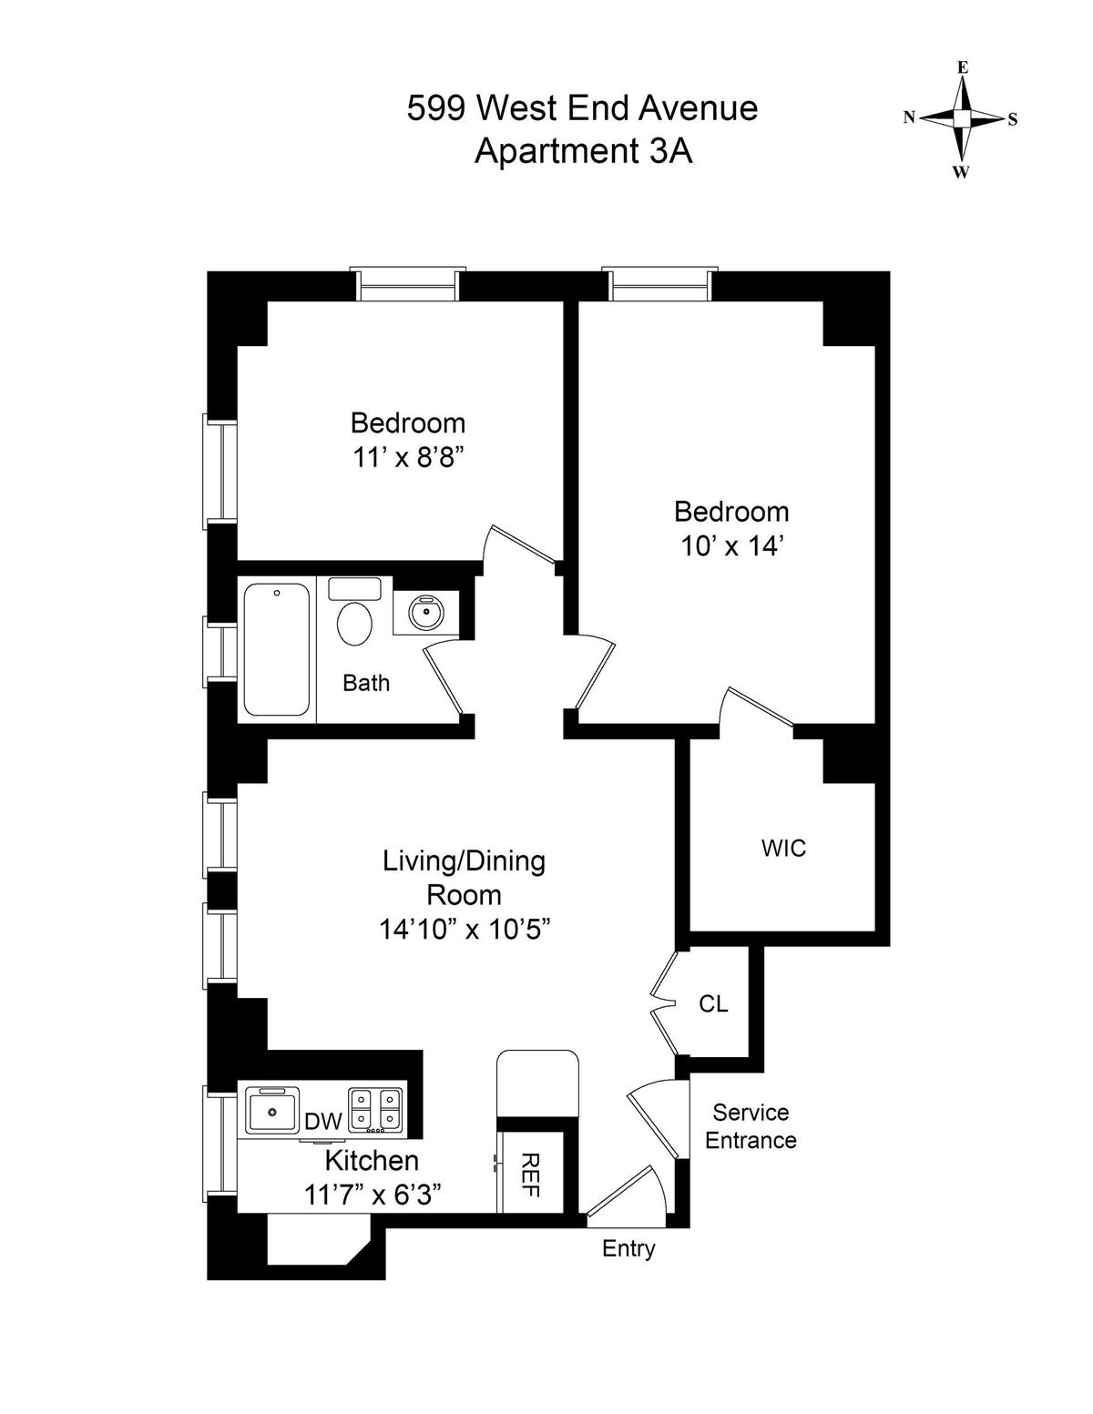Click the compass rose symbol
961,119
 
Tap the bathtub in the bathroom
277,649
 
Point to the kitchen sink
272,1110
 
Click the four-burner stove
375,1110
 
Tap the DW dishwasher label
322,1122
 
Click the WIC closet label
783,848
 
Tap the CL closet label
713,1003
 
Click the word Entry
628,1248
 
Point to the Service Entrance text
751,1126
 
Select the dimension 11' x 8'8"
408,458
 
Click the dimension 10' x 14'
732,545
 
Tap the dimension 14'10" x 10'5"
465,930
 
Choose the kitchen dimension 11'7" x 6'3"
373,1195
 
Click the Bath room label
366,683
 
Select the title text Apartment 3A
583,151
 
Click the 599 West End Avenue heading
582,108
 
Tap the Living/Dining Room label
464,877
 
